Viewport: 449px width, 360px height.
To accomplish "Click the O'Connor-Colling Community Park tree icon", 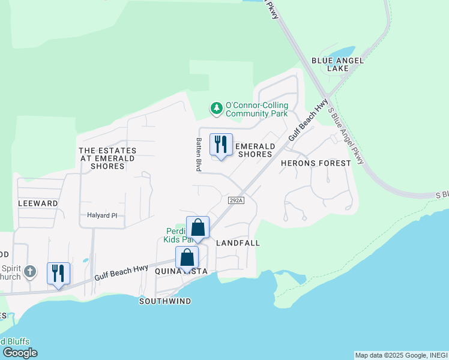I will tap(215, 109).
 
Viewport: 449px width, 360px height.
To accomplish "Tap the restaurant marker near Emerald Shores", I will tap(221, 145).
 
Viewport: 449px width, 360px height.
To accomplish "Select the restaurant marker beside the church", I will tap(58, 274).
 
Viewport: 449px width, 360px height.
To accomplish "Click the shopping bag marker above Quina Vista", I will tap(187, 257).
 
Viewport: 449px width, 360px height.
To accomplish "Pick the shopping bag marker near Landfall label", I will tap(198, 228).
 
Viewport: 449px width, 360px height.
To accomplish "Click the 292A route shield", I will tap(235, 200).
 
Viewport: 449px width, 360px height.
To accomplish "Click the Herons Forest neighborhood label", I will tap(316, 163).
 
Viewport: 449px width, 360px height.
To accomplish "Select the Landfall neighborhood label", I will tap(238, 243).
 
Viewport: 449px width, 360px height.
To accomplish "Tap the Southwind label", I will tap(165, 301).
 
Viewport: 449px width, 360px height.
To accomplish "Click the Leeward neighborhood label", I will tap(38, 203).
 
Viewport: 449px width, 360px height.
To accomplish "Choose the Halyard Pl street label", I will tap(99, 215).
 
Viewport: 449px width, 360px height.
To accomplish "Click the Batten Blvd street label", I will tap(197, 155).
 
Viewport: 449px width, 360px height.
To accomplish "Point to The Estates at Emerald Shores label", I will tap(107, 158).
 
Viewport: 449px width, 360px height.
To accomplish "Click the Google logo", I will tap(20, 353).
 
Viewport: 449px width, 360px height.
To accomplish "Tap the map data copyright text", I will tap(400, 355).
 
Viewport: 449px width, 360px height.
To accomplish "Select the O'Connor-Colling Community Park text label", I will tap(257, 109).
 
